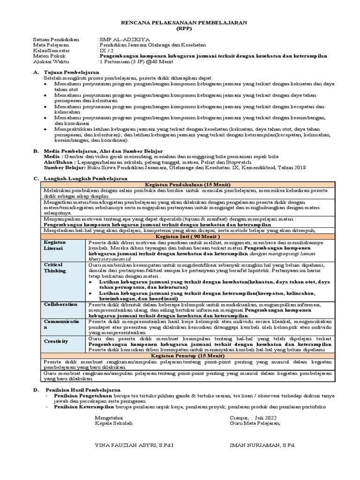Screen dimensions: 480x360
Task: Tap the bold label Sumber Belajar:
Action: pyautogui.click(x=62, y=167)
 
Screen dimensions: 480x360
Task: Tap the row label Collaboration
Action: pyautogui.click(x=60, y=304)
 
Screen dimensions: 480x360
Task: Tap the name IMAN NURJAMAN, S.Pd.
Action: pyautogui.click(x=262, y=444)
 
